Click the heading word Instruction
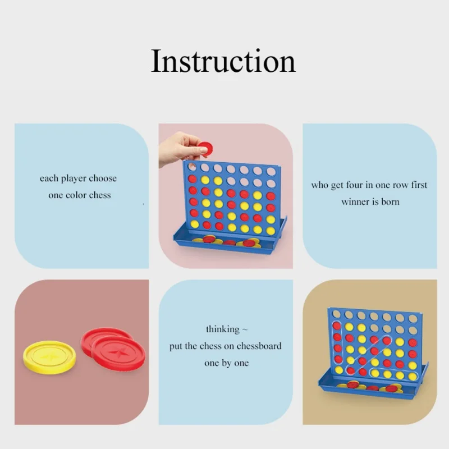tap(223, 61)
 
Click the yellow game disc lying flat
tap(49, 357)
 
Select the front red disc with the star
tap(118, 354)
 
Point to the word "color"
tap(76, 195)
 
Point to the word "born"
tap(390, 202)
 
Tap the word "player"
tap(70, 178)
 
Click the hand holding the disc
tap(180, 148)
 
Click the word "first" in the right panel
tap(419, 185)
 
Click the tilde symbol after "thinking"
tap(245, 330)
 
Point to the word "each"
tap(49, 178)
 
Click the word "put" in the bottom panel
tap(176, 346)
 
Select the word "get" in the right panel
tap(337, 186)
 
